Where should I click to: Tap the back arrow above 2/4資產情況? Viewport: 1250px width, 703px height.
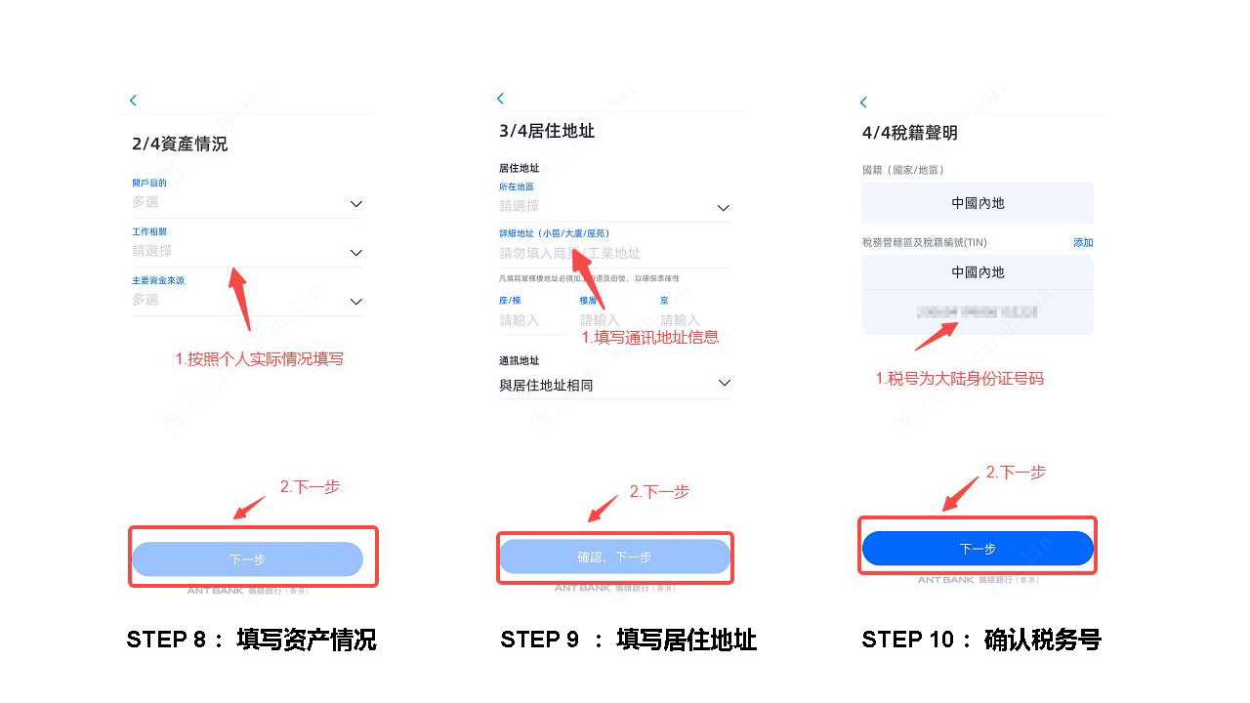(133, 101)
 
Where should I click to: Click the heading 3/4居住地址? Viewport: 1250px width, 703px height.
(547, 131)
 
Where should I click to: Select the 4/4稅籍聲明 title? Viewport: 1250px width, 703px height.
(909, 134)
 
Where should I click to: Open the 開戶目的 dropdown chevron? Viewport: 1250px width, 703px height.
(356, 204)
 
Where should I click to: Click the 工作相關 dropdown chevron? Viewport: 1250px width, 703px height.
(356, 253)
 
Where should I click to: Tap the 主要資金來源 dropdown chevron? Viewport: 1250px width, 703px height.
(356, 302)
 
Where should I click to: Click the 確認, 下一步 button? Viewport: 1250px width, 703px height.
(614, 557)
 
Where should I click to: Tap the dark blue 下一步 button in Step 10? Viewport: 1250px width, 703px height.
(977, 549)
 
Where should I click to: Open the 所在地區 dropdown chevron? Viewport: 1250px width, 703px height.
(724, 208)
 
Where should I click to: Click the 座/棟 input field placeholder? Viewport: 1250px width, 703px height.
(520, 320)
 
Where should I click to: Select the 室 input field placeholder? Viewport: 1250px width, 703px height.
(680, 320)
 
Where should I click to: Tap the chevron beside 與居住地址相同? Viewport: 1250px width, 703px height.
(724, 383)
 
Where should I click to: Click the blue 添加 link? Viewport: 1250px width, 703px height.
(1083, 242)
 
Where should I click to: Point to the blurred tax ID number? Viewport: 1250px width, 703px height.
(977, 312)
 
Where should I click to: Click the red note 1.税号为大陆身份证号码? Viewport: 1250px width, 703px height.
(959, 378)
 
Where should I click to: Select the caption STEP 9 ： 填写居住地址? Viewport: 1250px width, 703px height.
(628, 640)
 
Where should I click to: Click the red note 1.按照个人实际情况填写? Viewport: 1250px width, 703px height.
(259, 359)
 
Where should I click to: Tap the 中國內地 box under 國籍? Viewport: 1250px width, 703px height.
(978, 203)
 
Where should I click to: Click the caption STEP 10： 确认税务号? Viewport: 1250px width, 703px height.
(980, 640)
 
